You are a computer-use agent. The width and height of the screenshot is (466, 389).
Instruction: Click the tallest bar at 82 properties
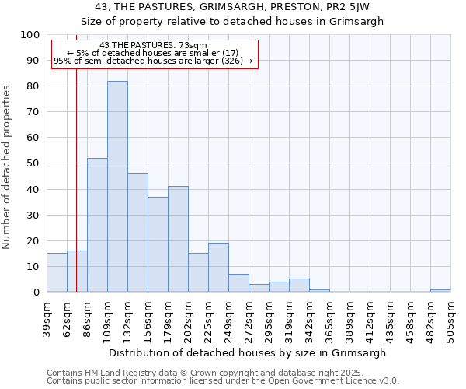coord(117,187)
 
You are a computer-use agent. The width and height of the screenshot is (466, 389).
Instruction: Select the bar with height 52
coord(97,225)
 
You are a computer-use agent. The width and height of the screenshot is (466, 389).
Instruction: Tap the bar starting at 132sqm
coord(137,233)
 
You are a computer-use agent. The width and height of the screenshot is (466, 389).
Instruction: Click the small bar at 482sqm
coord(440,290)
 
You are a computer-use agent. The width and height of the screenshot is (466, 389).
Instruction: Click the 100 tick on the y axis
coord(30,35)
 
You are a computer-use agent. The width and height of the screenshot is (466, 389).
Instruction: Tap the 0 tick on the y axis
coord(37,292)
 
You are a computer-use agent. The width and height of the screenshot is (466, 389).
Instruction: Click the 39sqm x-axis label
coord(47,315)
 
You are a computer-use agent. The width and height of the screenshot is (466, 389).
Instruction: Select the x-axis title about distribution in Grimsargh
coord(247,352)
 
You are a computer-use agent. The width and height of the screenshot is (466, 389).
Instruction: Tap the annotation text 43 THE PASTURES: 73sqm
coord(154,45)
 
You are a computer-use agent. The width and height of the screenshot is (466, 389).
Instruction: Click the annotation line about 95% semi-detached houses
coord(154,61)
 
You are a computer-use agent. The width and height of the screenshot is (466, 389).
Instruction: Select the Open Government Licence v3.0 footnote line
coord(223,381)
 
